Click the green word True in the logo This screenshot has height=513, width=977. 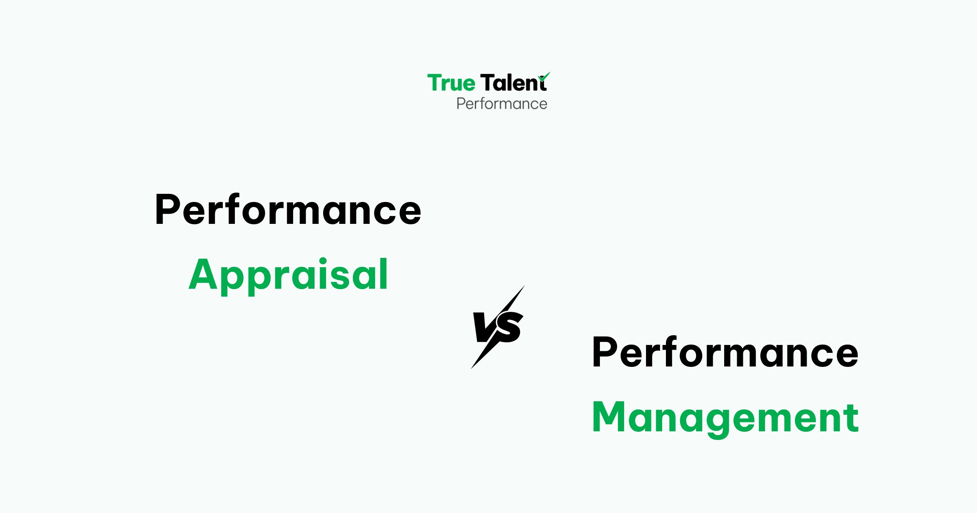[451, 83]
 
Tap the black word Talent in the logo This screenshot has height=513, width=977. [513, 83]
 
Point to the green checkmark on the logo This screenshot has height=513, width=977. [544, 76]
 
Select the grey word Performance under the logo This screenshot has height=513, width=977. [502, 104]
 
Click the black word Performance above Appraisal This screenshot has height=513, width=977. [288, 210]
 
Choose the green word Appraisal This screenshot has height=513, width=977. [288, 275]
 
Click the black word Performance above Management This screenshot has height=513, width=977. [725, 353]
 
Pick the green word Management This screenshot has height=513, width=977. [725, 418]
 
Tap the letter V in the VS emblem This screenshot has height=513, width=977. [483, 327]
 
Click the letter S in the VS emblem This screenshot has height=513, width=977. [510, 327]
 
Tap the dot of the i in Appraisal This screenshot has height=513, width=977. [323, 261]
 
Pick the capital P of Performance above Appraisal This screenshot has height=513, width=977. [167, 209]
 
